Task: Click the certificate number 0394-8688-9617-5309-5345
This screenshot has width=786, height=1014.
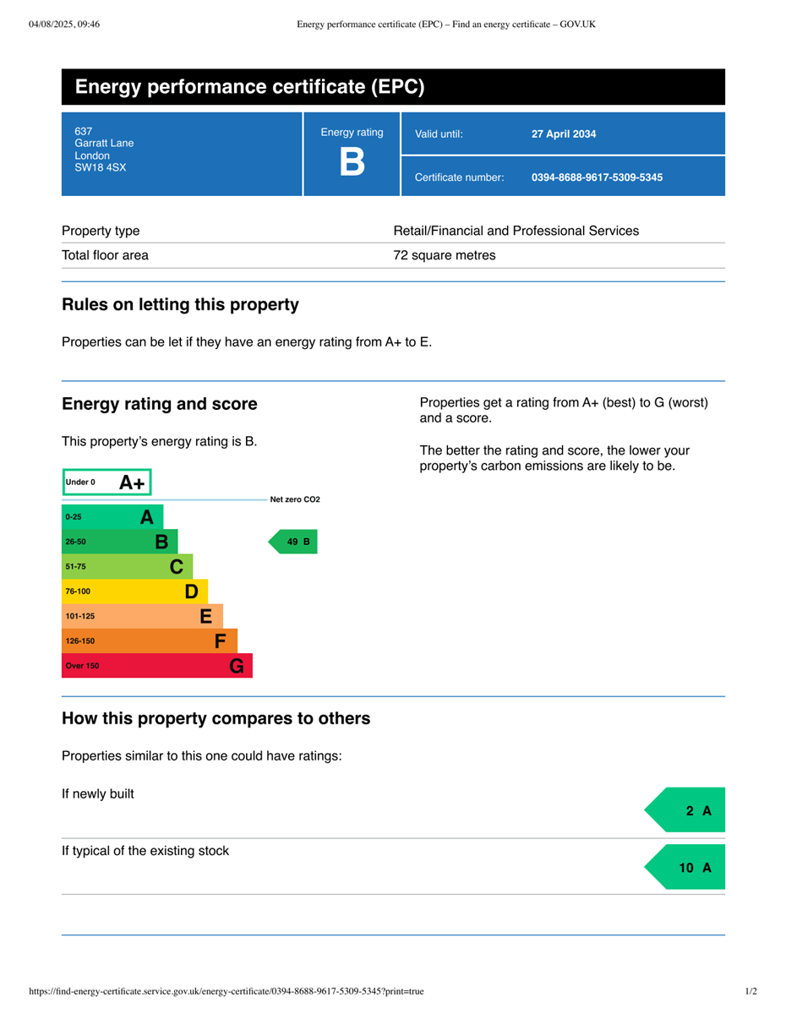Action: click(597, 177)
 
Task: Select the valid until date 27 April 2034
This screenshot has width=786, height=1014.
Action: click(564, 134)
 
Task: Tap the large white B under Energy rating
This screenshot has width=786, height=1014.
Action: click(352, 161)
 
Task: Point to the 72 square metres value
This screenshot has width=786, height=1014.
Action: click(445, 255)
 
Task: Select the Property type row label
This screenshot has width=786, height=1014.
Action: click(101, 231)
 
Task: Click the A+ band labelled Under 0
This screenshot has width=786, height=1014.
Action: click(106, 482)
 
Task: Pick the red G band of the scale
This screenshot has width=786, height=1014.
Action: click(157, 666)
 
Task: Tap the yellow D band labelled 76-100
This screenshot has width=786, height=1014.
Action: click(134, 591)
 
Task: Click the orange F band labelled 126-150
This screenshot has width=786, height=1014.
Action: click(150, 641)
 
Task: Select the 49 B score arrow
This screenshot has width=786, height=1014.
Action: click(294, 542)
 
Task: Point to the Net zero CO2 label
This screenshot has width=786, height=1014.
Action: click(295, 499)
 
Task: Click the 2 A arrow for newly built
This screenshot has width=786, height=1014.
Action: click(686, 810)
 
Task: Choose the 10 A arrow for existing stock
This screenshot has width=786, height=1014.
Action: click(686, 868)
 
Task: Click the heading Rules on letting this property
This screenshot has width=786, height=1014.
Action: click(180, 304)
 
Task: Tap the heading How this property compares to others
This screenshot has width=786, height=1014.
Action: click(216, 718)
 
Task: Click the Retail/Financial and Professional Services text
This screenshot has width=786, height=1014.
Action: click(516, 231)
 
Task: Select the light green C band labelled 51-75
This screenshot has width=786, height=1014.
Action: click(127, 566)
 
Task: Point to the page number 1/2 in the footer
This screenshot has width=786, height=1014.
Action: click(751, 991)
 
